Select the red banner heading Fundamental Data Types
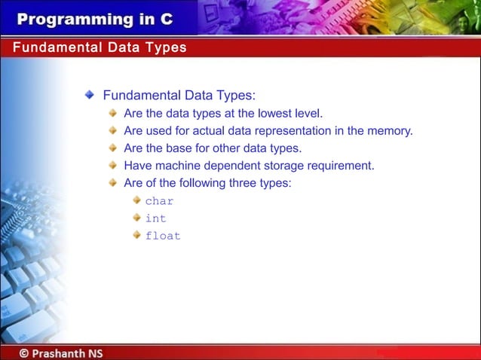(100, 48)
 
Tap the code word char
(159, 201)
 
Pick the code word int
(155, 218)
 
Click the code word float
(163, 236)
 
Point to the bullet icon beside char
(136, 200)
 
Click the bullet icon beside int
(136, 218)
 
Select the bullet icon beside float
(136, 235)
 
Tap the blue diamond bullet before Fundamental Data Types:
(90, 96)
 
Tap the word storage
(286, 166)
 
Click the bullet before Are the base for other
(113, 148)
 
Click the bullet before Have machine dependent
(113, 165)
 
